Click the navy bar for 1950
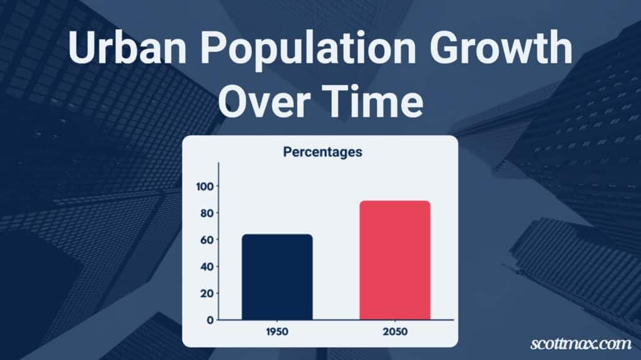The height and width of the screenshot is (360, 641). (x=277, y=277)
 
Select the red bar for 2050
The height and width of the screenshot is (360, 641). (x=395, y=260)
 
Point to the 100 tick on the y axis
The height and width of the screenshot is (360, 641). (x=205, y=187)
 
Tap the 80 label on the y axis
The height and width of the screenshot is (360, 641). (x=207, y=213)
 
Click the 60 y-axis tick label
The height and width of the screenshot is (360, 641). (x=207, y=240)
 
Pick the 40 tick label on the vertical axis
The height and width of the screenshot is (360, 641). (x=207, y=267)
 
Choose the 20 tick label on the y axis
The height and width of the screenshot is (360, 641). (x=207, y=293)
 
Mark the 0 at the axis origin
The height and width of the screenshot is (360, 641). (x=210, y=320)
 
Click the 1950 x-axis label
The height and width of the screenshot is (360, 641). (x=277, y=331)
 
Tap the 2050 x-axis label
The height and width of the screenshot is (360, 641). (x=395, y=331)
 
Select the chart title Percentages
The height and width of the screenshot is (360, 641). (x=322, y=152)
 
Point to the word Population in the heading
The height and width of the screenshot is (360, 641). (x=308, y=49)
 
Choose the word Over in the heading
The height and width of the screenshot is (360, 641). (x=263, y=101)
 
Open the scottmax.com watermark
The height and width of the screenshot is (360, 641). (x=581, y=343)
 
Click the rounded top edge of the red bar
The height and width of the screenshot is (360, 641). (x=395, y=201)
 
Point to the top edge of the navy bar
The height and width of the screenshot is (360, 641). (x=277, y=234)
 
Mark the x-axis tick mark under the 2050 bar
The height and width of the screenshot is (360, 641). (x=395, y=321)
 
